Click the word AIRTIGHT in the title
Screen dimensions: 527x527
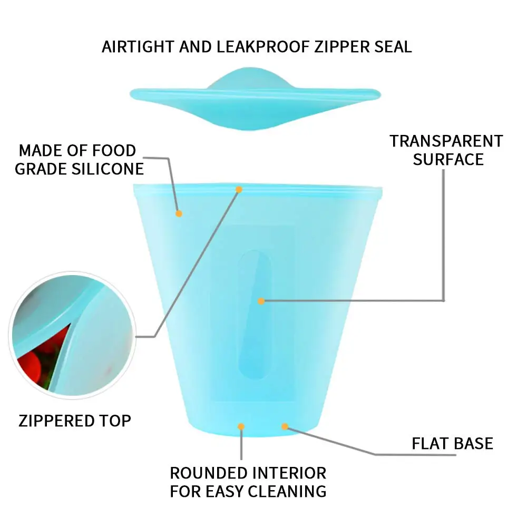[x=138, y=46]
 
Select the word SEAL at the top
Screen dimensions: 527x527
[x=390, y=46]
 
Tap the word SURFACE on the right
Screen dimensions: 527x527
[x=448, y=159]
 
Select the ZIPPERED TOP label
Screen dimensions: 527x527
[x=75, y=421]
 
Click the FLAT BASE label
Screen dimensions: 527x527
[x=452, y=443]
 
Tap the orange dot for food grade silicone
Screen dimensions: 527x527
[x=179, y=213]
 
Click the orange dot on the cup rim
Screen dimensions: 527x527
[x=239, y=189]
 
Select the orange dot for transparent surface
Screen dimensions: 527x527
[x=260, y=301]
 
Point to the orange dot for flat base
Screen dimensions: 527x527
[x=285, y=426]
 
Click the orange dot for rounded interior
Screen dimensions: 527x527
[x=241, y=426]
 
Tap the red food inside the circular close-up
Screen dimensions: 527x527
[x=31, y=364]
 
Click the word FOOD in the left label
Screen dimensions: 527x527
[x=114, y=151]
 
